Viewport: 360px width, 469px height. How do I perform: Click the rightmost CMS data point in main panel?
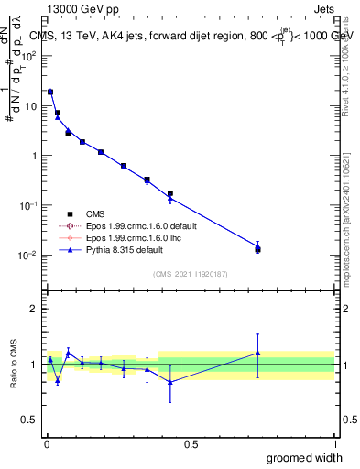pyautogui.click(x=257, y=249)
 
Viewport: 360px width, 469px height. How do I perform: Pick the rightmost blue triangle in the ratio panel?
pyautogui.click(x=257, y=353)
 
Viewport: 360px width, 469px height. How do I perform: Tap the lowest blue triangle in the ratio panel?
pyautogui.click(x=170, y=382)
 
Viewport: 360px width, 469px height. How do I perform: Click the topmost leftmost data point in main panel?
pyautogui.click(x=50, y=92)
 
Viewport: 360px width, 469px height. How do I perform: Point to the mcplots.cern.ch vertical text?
pyautogui.click(x=347, y=229)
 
